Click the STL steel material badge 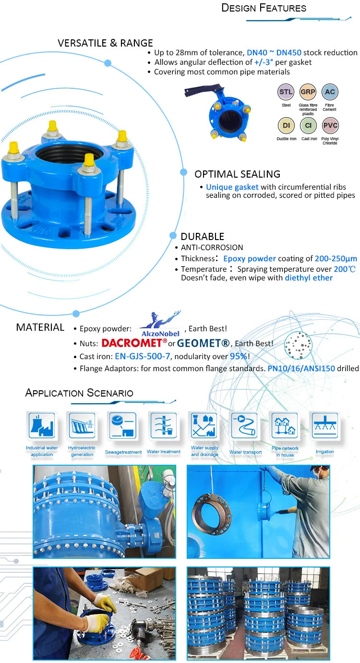(x=286, y=92)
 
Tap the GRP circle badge (x=308, y=92)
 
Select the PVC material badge (x=330, y=126)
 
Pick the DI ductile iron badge (x=286, y=126)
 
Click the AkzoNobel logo (x=159, y=324)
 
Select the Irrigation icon (x=325, y=425)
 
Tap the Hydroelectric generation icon (x=82, y=425)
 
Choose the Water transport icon (x=245, y=425)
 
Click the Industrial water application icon (x=42, y=425)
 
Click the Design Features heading (x=264, y=8)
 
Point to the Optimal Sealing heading (x=237, y=174)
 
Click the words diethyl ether (x=309, y=278)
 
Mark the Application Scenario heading (x=79, y=393)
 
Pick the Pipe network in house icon (x=285, y=425)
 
